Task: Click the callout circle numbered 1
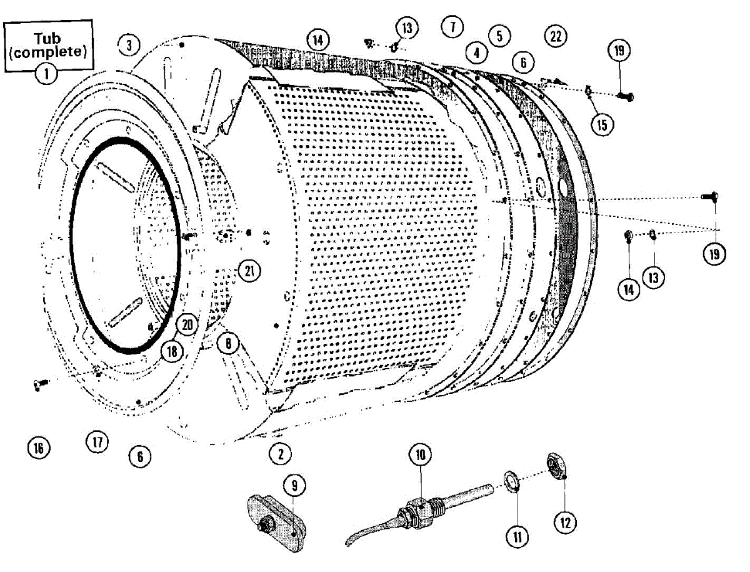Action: coord(46,74)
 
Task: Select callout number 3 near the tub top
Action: coord(128,45)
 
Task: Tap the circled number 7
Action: coord(452,26)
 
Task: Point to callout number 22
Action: coord(554,36)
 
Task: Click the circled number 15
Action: coord(601,124)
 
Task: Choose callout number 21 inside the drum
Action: coord(248,271)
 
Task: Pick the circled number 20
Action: coord(187,324)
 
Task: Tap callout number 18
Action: coord(171,351)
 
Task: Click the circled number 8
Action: coord(229,343)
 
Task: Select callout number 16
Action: coord(39,448)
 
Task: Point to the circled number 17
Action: coord(97,443)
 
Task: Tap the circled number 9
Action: coord(294,484)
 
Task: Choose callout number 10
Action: coord(420,454)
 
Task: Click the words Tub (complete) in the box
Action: coord(47,46)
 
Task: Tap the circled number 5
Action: coord(499,36)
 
